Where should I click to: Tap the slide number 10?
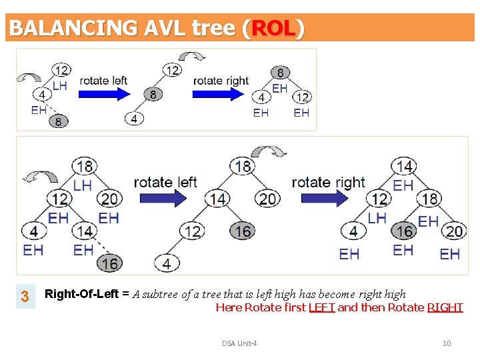(x=447, y=343)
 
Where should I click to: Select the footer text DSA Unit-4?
(x=239, y=343)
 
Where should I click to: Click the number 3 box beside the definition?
(x=25, y=296)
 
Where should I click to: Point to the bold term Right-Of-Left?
(x=82, y=294)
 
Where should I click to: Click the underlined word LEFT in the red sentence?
(x=322, y=307)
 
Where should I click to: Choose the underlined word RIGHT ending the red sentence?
(x=445, y=307)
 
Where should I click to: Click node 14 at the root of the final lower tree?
(x=404, y=165)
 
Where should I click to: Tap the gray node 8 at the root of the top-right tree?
(x=280, y=72)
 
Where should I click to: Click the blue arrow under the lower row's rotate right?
(x=325, y=198)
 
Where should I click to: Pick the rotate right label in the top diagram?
(x=221, y=81)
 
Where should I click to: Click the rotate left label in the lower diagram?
(x=165, y=182)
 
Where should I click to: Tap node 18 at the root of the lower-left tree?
(x=85, y=165)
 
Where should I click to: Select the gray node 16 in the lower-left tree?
(x=110, y=263)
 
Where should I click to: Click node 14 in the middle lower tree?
(x=217, y=198)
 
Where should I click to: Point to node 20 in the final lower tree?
(x=455, y=231)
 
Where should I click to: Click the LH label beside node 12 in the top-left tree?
(x=59, y=86)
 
